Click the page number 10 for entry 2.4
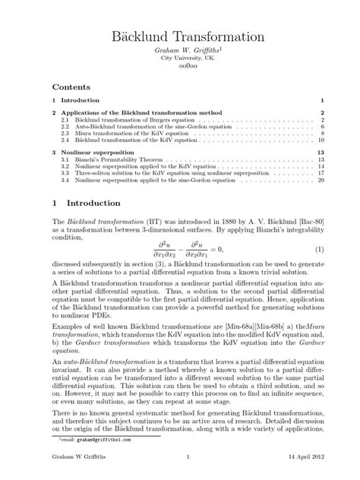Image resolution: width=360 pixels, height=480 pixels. [x=321, y=140]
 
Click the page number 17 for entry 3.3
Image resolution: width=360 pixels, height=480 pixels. [x=321, y=174]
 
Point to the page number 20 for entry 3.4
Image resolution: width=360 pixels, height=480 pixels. [x=321, y=181]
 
